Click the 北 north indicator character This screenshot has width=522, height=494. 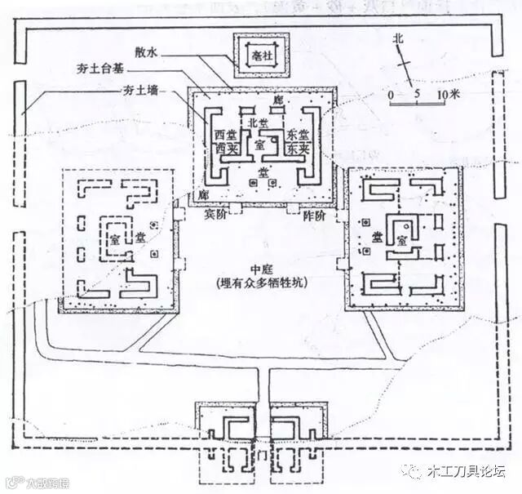pos(397,38)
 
